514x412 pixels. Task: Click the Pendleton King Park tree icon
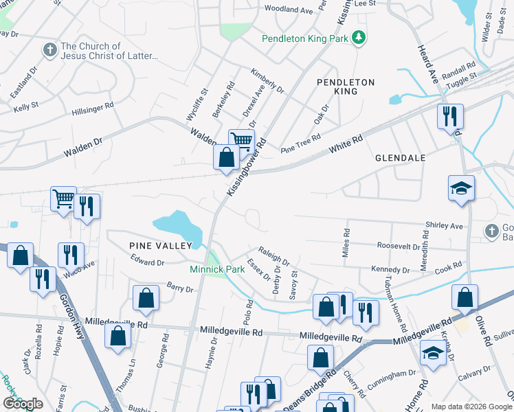[358, 38]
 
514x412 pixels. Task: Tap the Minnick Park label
[218, 270]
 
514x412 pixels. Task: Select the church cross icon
[49, 49]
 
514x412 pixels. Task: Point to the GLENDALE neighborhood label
[401, 157]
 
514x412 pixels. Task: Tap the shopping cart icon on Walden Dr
[241, 141]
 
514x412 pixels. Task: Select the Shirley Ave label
[444, 226]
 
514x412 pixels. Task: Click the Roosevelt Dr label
[399, 246]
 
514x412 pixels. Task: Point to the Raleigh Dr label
[273, 256]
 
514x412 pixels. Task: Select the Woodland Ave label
[289, 10]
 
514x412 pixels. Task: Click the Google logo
[23, 404]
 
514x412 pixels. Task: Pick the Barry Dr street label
[179, 287]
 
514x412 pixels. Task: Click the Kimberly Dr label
[267, 80]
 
